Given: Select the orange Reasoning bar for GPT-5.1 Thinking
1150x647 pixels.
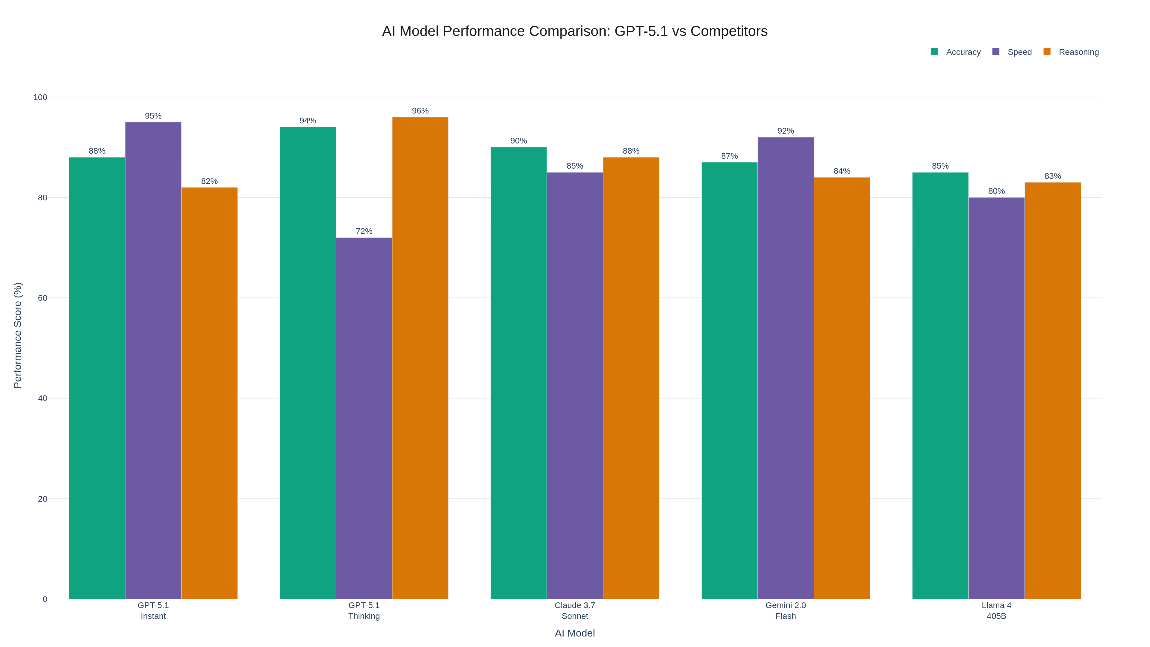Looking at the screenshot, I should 420,358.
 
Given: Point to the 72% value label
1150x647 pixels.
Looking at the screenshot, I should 364,231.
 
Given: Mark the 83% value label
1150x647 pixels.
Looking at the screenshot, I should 1052,176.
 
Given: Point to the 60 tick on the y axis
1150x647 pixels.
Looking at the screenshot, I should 43,298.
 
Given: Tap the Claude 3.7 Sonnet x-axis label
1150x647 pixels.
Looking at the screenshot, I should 575,610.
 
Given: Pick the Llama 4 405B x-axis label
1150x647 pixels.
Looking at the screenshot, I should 996,610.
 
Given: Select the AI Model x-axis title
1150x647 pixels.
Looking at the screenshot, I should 575,633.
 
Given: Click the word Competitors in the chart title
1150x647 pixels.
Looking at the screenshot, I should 729,31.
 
